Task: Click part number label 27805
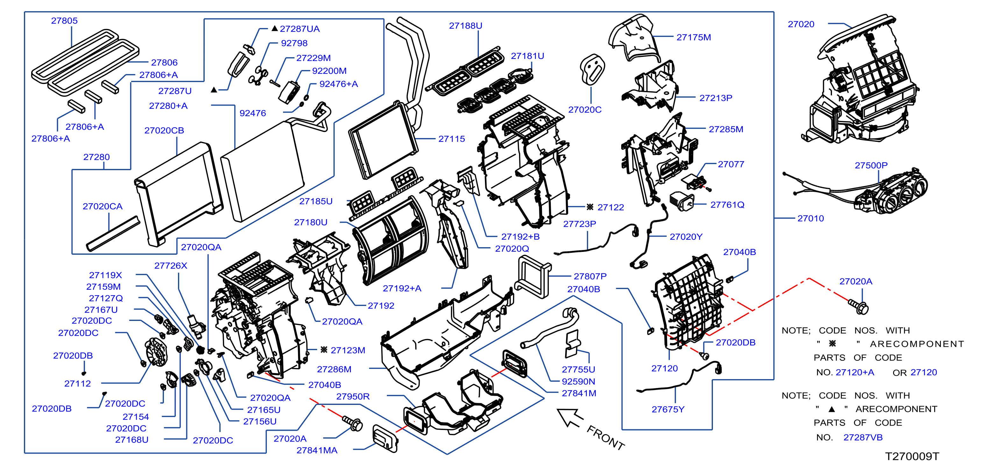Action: [64, 21]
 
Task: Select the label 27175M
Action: [693, 37]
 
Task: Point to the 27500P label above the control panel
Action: [871, 165]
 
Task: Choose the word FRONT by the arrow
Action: [606, 438]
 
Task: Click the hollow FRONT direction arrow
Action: [569, 417]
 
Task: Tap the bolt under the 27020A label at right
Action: [859, 306]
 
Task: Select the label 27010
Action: [810, 218]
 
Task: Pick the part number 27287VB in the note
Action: [863, 437]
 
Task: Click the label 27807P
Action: [590, 276]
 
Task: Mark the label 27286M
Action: [334, 369]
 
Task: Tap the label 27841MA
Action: [317, 450]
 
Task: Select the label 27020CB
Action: [164, 130]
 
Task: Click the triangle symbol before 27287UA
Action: [274, 29]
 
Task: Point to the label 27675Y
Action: [668, 409]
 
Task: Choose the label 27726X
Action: [171, 266]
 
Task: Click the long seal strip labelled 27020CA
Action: [113, 234]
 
